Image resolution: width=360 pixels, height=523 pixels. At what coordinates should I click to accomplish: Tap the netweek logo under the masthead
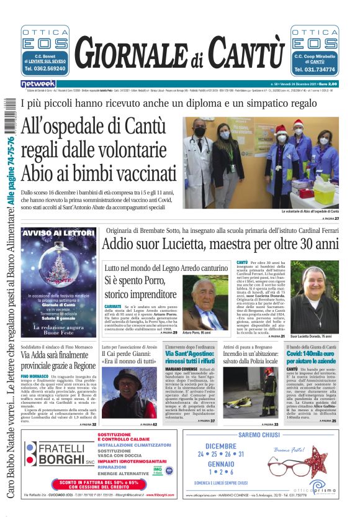pos(38,83)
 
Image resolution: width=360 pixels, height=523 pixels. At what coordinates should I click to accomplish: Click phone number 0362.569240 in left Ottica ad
pos(45,69)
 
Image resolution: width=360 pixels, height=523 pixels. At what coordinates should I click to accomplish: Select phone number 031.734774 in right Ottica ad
pos(315,70)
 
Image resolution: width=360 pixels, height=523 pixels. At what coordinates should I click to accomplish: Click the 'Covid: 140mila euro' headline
pos(312,357)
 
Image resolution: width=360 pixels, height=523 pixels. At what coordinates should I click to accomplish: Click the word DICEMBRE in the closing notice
pos(220,445)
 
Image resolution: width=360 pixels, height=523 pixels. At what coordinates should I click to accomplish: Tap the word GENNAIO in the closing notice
pos(220,463)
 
